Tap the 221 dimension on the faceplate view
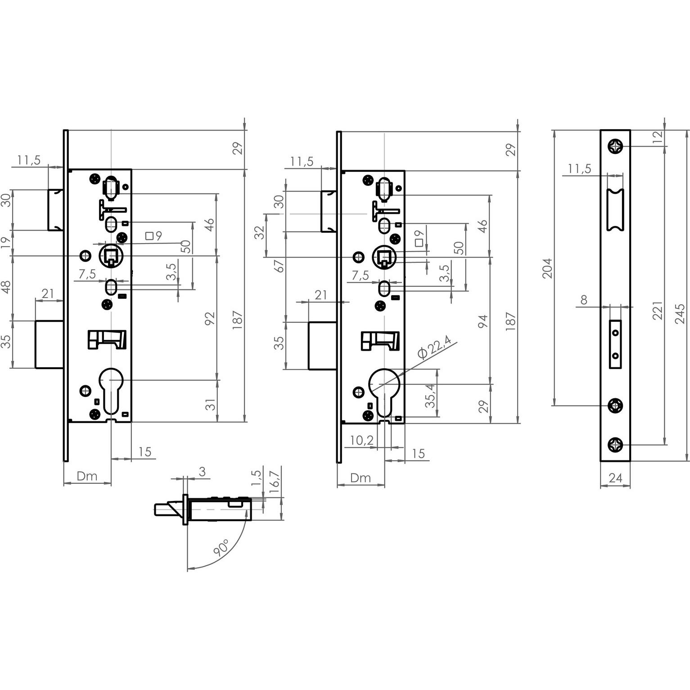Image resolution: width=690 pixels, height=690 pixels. pyautogui.click(x=658, y=311)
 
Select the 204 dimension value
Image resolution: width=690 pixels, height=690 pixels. pyautogui.click(x=547, y=268)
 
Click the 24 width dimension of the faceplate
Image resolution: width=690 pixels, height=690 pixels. pyautogui.click(x=615, y=478)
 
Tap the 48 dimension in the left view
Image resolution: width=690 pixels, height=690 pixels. pyautogui.click(x=6, y=287)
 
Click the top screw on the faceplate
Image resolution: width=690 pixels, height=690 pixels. pyautogui.click(x=615, y=146)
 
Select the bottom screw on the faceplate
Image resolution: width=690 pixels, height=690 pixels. pyautogui.click(x=615, y=445)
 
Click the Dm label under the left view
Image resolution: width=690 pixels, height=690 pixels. pyautogui.click(x=87, y=476)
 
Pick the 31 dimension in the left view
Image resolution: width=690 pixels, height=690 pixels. pyautogui.click(x=210, y=404)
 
